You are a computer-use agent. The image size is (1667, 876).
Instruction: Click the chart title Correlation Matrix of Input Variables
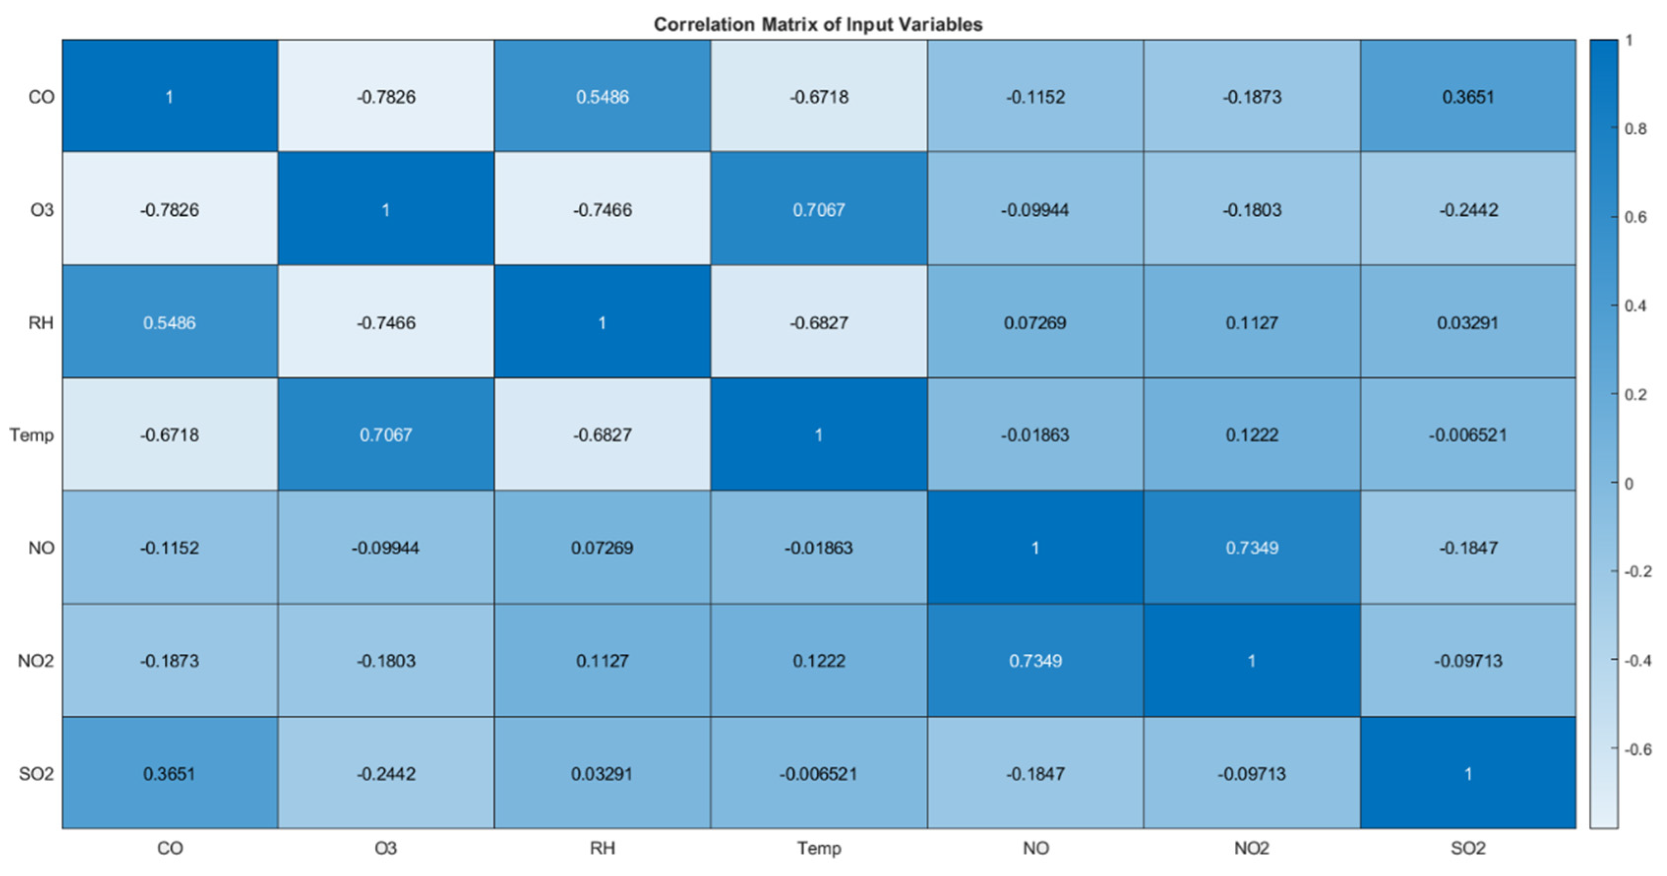818,25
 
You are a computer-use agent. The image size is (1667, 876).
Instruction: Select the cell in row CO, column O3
386,96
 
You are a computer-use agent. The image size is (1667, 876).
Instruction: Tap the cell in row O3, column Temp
819,209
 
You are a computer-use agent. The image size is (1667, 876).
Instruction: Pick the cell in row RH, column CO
170,322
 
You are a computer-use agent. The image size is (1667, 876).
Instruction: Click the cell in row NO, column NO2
1251,547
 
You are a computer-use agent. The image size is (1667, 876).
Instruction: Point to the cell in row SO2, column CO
170,773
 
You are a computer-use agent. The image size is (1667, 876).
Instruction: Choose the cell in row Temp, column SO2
1468,434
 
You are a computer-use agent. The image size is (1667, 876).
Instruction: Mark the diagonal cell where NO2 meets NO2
1251,661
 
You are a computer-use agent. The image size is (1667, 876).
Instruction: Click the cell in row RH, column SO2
1468,322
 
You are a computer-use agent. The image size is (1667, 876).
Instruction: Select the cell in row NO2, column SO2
1468,661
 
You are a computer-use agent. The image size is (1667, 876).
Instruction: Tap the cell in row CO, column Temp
819,96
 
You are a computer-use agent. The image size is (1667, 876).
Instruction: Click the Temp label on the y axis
31,434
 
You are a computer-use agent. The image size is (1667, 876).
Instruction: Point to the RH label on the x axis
602,847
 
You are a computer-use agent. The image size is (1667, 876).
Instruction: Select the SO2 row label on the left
36,773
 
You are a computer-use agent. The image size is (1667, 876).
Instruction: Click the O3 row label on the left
41,209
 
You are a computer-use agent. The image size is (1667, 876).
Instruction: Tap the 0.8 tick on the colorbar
1636,129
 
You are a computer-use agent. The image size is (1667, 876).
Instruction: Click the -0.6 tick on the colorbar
1638,749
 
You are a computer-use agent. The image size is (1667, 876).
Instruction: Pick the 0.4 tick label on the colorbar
1636,305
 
